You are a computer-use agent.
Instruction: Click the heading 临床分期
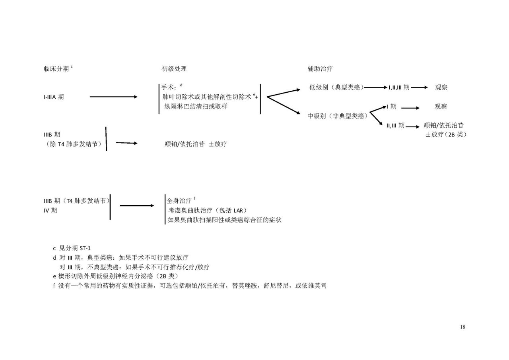tap(56, 69)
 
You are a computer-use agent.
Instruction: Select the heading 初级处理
tap(174, 69)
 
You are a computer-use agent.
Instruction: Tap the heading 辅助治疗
tap(320, 69)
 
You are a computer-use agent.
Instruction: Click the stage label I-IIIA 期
tap(54, 97)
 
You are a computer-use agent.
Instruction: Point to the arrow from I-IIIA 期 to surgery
tap(114, 97)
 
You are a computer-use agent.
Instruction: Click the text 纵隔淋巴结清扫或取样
tap(196, 106)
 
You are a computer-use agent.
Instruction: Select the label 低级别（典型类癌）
tap(336, 87)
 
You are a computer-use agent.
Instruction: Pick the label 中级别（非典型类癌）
tap(338, 116)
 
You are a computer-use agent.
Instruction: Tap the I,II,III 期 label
tap(399, 88)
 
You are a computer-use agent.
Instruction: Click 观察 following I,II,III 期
tap(441, 87)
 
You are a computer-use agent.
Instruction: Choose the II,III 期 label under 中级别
tap(395, 125)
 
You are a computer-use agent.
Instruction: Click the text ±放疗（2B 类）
tap(446, 134)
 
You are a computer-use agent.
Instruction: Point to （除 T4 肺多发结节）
tap(73, 144)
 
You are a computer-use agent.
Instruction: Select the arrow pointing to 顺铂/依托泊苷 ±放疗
tap(126, 143)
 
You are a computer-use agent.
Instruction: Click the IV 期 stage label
tap(50, 210)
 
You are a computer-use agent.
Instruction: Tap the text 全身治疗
tap(179, 200)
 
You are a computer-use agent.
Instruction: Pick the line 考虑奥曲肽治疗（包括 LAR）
tap(207, 210)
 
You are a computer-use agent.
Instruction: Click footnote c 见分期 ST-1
tap(72, 248)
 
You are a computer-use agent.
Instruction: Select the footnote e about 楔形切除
tap(116, 276)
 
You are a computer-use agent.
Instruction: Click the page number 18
tap(462, 327)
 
